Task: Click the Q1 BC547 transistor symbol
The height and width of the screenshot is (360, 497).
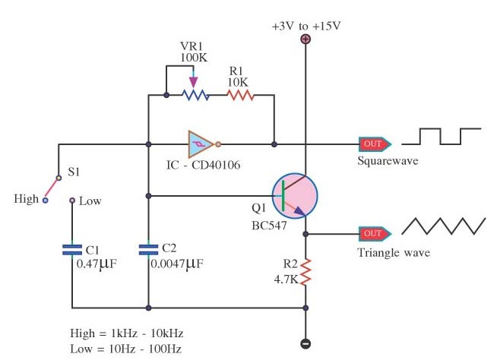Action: pos(293,194)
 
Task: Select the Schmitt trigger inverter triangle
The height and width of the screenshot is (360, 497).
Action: pos(202,143)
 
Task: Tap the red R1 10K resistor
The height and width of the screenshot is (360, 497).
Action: pos(240,96)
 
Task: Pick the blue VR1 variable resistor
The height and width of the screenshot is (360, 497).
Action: pos(194,96)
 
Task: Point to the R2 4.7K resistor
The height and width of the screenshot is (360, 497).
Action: pos(305,271)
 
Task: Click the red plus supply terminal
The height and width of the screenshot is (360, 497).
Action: pos(305,39)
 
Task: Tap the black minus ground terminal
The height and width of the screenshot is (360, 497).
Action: pos(305,343)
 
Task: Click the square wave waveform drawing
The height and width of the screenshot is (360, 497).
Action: pos(441,137)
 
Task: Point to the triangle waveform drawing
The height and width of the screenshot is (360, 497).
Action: pos(444,226)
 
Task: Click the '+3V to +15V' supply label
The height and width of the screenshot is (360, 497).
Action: pos(306,25)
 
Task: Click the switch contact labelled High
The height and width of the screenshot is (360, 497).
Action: pos(44,201)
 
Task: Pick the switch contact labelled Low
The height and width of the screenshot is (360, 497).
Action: pos(71,201)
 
